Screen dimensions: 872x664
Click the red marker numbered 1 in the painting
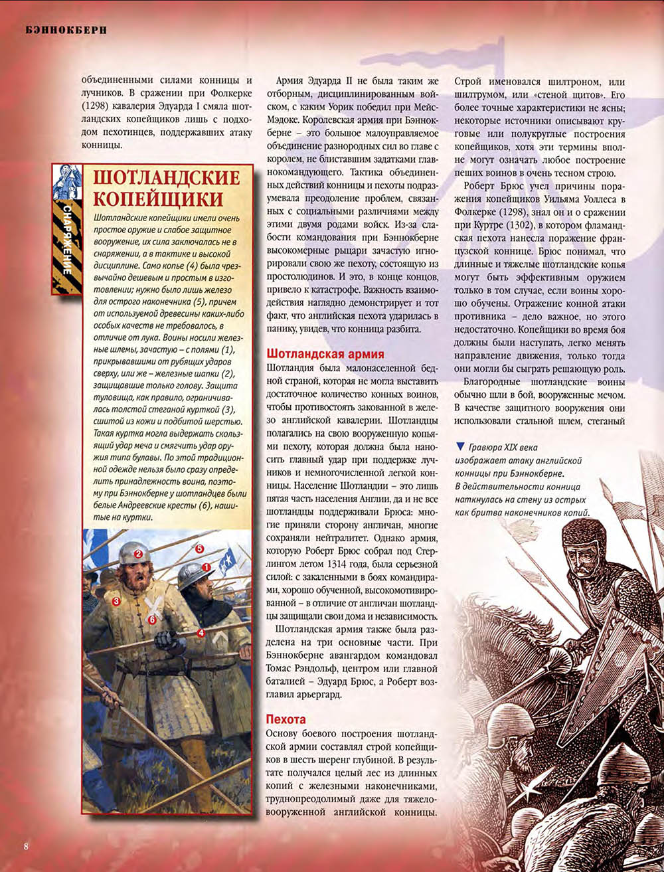tap(206, 567)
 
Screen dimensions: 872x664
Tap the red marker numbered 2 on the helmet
tap(139, 553)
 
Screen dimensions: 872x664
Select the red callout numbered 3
tap(116, 602)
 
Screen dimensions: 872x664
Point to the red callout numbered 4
tap(201, 633)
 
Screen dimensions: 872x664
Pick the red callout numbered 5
tap(199, 549)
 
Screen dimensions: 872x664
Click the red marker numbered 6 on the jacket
tap(152, 620)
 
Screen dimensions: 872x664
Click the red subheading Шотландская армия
tap(325, 354)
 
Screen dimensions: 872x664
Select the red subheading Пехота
tap(286, 719)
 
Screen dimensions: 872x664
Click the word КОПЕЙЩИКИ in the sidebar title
tap(157, 199)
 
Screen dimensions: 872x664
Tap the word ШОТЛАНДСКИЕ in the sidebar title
tap(166, 177)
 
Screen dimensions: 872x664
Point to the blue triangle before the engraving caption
tap(460, 446)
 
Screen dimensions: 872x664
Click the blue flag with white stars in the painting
tap(228, 561)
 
